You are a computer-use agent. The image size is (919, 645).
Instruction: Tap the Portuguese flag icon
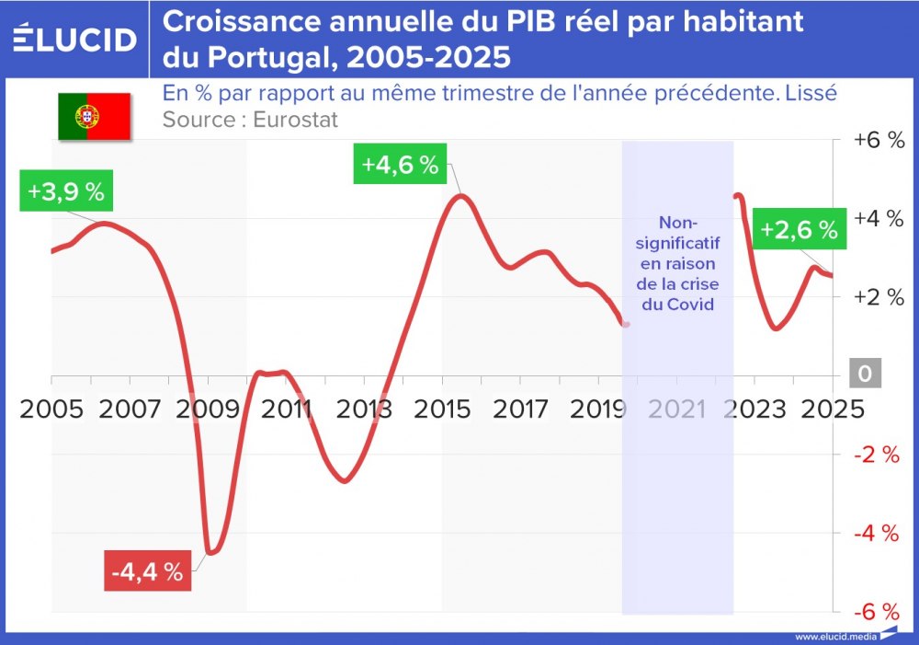[94, 116]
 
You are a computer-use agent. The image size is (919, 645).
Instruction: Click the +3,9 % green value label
[65, 192]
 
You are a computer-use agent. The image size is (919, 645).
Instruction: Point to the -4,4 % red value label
[148, 571]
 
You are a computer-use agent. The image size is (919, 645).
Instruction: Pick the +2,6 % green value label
[799, 230]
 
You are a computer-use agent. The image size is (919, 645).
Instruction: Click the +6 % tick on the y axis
[879, 141]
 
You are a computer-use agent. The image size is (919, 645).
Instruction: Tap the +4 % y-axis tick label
[879, 219]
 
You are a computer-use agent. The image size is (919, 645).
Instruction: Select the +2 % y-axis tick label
[879, 297]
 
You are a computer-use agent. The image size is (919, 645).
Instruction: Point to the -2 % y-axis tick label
[877, 455]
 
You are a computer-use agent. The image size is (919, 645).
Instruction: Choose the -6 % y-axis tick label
[877, 612]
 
